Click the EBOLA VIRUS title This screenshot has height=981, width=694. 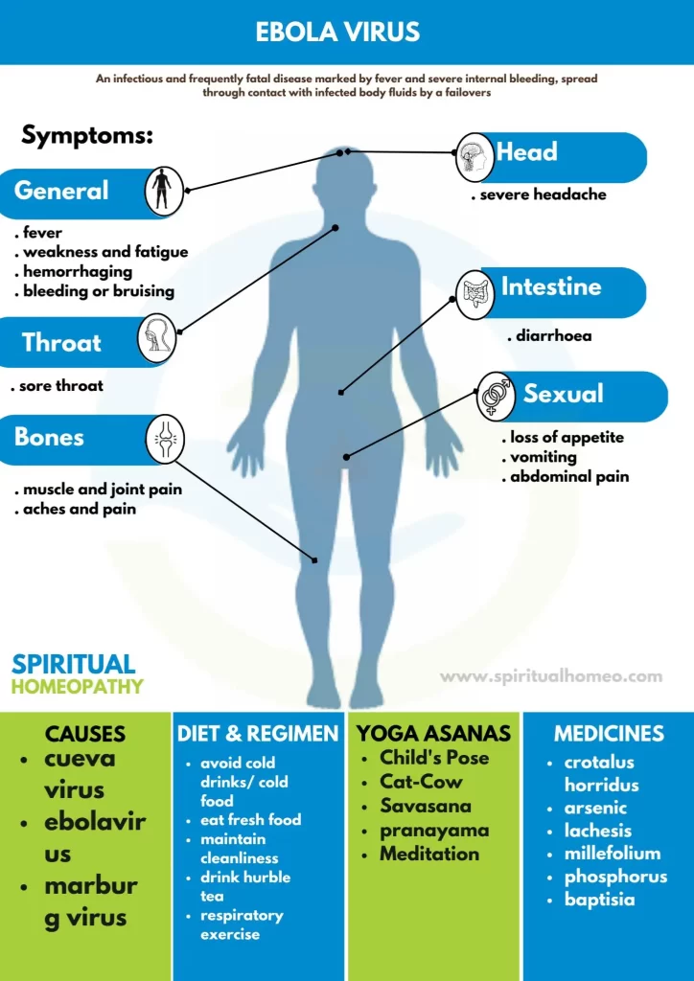337,33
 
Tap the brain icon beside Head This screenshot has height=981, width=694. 475,156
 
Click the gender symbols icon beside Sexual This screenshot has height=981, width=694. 496,397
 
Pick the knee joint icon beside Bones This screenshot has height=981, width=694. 165,439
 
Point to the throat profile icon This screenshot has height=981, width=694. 156,339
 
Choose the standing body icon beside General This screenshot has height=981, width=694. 164,192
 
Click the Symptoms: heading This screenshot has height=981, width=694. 87,134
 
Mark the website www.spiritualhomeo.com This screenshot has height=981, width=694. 550,676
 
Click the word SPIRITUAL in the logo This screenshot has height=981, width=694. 73,664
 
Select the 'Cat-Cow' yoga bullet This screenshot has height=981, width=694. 421,782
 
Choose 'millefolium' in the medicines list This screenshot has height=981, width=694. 603,854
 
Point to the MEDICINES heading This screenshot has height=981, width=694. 609,733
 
